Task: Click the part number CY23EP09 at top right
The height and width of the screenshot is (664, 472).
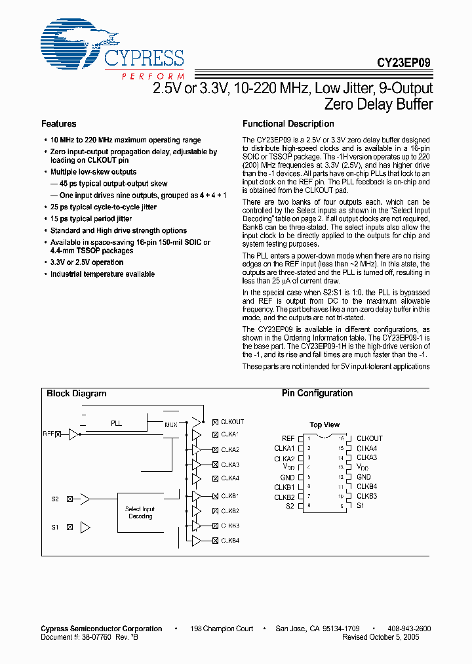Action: click(404, 64)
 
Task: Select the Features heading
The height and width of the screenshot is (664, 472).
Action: click(58, 124)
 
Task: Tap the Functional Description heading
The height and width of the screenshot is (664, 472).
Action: click(288, 124)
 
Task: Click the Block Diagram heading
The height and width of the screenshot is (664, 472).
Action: click(76, 394)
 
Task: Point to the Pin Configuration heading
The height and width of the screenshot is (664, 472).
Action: click(317, 394)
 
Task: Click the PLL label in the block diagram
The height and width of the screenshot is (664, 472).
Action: click(116, 424)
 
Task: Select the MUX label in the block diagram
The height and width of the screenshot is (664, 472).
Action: click(170, 425)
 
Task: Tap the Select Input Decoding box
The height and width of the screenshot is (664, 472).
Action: click(140, 512)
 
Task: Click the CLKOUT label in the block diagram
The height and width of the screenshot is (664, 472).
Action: click(232, 422)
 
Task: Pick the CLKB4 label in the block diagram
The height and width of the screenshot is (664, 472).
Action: click(230, 541)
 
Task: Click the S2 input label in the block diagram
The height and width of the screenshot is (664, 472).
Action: click(55, 499)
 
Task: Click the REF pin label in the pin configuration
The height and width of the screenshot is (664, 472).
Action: click(288, 438)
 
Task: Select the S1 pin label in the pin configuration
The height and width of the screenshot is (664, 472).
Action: click(361, 506)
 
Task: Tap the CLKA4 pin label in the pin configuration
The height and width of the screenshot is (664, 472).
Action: click(366, 448)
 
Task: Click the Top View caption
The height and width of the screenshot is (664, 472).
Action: click(324, 425)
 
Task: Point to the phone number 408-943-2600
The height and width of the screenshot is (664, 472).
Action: click(410, 629)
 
